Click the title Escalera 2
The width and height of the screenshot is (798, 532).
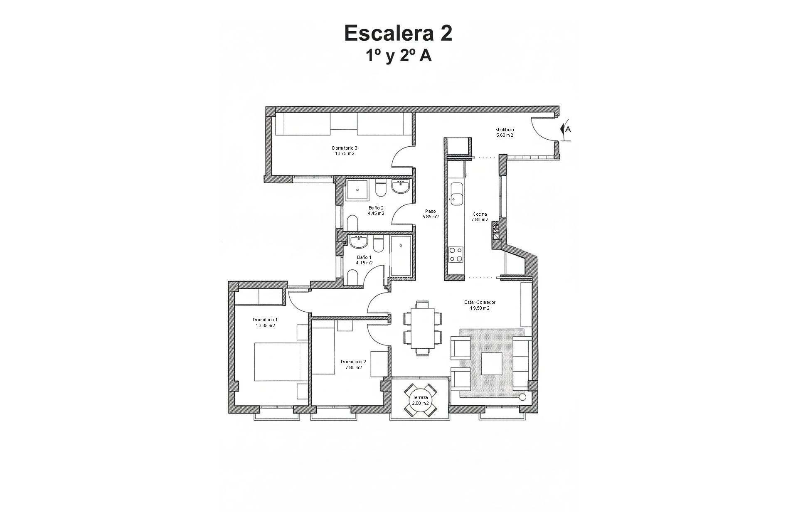(x=398, y=33)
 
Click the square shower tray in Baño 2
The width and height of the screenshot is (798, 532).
(x=357, y=191)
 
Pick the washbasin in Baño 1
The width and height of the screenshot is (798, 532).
(x=358, y=241)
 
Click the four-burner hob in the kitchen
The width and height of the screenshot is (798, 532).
(x=456, y=254)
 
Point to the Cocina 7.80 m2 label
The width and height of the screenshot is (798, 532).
(x=480, y=217)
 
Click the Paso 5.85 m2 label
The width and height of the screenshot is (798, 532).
(x=430, y=214)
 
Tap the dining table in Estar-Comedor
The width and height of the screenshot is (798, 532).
(x=422, y=328)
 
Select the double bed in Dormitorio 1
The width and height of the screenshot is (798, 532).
(x=281, y=362)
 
